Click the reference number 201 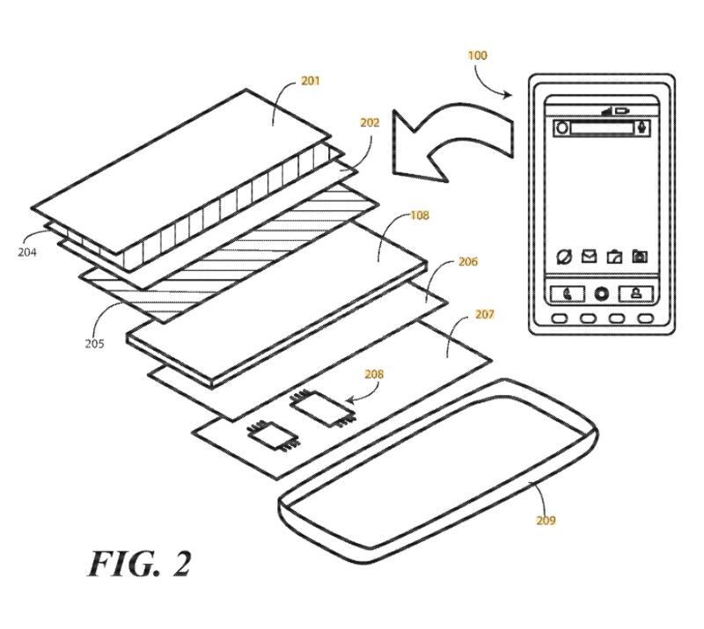click(311, 81)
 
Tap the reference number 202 click(370, 123)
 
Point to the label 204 click(26, 251)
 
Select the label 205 click(94, 343)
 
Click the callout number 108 click(420, 216)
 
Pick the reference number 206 click(468, 262)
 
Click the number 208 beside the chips click(374, 374)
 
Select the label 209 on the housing click(546, 520)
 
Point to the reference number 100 click(477, 55)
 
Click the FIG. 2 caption click(139, 563)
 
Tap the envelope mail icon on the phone click(589, 257)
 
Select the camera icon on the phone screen click(640, 257)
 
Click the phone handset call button click(565, 294)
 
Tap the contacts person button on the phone click(636, 294)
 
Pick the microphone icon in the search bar click(643, 128)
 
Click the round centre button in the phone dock click(601, 294)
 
